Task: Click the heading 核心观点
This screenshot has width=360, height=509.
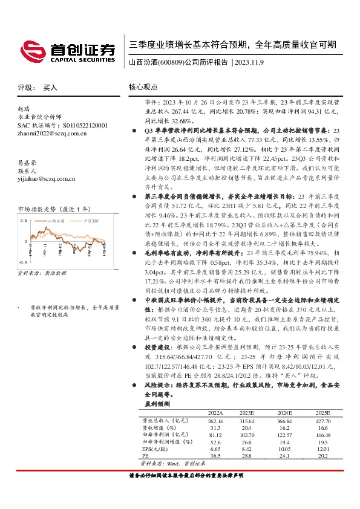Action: [x=144, y=88]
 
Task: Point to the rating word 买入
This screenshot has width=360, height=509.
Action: [x=50, y=88]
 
